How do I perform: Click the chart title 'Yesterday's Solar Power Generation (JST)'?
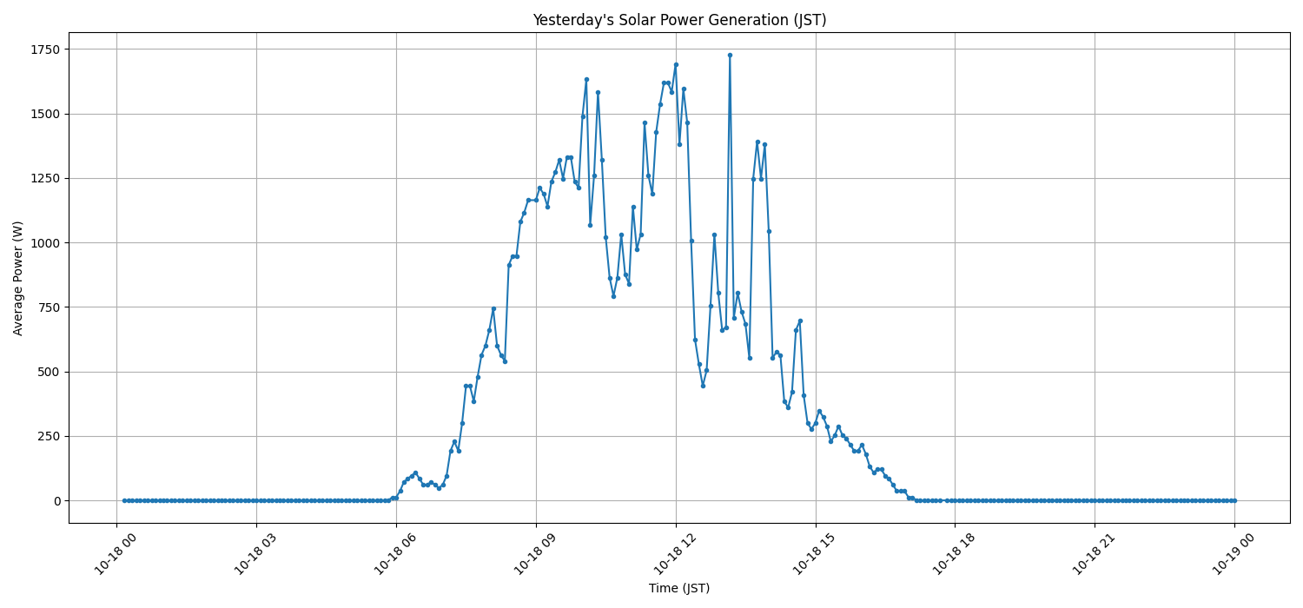(679, 20)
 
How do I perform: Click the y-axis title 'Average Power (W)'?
(18, 278)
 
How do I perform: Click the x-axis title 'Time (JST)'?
(679, 588)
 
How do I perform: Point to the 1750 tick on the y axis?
(43, 50)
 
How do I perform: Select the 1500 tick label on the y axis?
(43, 114)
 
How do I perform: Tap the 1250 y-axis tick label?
(43, 178)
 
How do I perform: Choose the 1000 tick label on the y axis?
(43, 243)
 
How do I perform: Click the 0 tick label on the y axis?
(56, 501)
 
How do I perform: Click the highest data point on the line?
(730, 55)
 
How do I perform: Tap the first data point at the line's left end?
(124, 500)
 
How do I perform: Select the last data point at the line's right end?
(1234, 500)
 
